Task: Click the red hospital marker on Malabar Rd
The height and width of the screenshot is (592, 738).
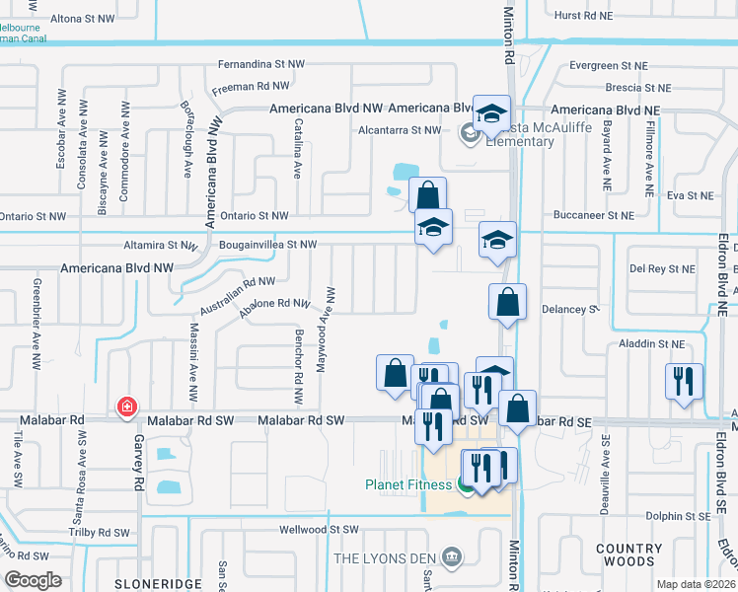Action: pos(126,407)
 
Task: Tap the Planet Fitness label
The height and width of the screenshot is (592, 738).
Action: pos(408,484)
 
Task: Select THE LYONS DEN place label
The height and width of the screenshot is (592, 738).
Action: pos(387,558)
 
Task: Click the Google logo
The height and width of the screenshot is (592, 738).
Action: pos(33,580)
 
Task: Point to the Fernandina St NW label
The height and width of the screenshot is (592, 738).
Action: pos(261,64)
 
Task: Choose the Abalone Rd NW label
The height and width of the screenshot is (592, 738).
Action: pos(276,310)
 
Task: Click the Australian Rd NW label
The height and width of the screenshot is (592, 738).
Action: pos(237,295)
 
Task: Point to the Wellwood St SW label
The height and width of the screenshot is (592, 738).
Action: pos(316,530)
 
